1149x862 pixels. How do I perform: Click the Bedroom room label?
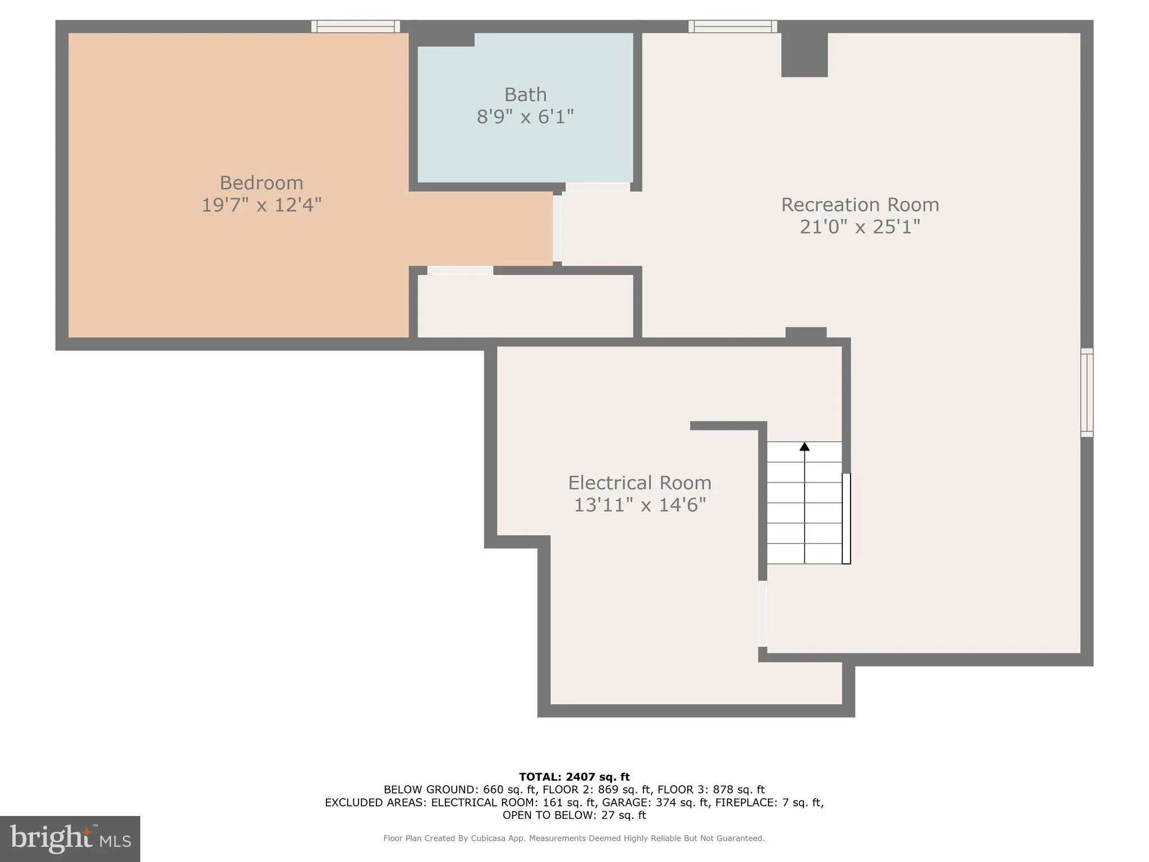261,182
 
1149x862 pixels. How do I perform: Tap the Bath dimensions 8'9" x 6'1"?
525,117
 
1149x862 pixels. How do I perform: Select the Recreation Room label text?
860,204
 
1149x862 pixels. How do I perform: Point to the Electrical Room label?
639,483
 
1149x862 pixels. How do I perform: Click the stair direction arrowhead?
805,447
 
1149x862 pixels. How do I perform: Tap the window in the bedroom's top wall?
356,26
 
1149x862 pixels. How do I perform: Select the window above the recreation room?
733,26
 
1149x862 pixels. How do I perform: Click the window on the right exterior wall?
1087,392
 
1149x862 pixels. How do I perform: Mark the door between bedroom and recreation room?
557,228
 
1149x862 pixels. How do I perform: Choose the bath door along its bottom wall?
598,187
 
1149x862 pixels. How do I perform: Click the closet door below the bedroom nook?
460,270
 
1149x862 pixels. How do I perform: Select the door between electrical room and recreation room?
762,613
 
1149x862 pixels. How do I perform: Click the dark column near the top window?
804,54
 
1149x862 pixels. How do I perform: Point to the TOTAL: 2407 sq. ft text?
574,777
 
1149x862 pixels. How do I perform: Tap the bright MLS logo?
70,838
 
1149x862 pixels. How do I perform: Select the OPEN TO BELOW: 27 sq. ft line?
574,815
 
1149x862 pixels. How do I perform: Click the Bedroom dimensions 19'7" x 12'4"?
261,205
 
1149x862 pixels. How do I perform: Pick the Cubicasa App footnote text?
573,838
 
